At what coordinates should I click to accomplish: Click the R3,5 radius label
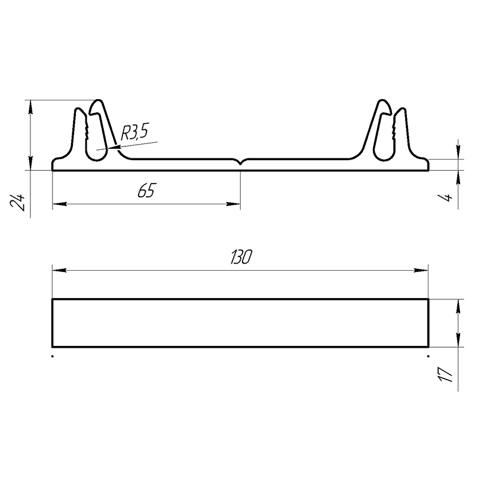[134, 133]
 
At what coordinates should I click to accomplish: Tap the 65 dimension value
[146, 191]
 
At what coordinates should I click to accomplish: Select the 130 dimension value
[241, 257]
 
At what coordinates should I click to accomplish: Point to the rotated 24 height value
[18, 201]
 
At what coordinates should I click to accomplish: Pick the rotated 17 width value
[445, 374]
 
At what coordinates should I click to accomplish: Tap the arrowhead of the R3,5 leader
[115, 148]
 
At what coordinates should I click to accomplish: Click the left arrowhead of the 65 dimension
[59, 204]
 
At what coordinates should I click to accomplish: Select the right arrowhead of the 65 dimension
[233, 204]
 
